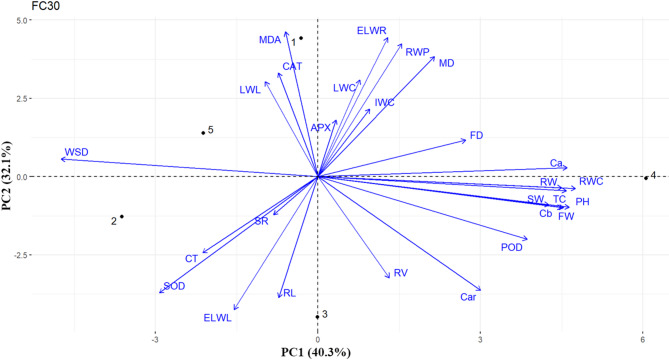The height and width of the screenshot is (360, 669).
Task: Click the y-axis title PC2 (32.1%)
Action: point(11,176)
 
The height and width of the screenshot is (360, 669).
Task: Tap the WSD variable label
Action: point(77,153)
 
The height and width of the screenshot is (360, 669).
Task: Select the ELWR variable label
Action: point(372,31)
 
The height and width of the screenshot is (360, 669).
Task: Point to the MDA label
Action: point(270,40)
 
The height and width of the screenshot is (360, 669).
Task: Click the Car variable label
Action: point(467,297)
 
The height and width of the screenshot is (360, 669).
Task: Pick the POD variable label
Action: point(512,247)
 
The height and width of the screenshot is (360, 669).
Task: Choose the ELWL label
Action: point(218,318)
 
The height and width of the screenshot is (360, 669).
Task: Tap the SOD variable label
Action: point(175,286)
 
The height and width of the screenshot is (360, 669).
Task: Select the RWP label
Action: point(418,50)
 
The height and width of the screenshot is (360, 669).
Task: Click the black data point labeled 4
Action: point(644,177)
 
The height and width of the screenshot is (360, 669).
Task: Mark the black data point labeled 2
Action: point(122,217)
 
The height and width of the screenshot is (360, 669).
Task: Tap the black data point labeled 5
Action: point(203,133)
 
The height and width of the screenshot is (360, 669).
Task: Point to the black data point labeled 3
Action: point(317,317)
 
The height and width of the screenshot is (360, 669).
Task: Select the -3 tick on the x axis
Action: point(155,338)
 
